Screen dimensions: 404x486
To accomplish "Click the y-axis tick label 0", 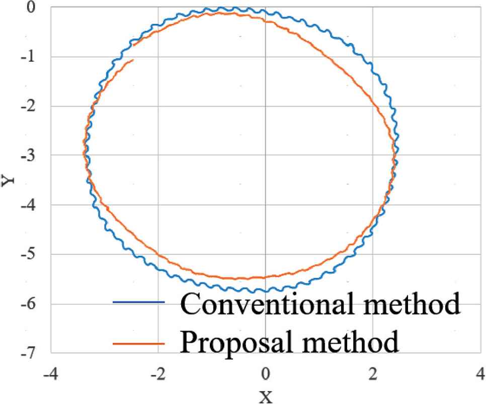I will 34,8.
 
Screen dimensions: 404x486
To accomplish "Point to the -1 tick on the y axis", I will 31,57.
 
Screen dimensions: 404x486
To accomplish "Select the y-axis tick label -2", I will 31,106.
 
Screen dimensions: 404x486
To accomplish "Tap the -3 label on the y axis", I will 31,155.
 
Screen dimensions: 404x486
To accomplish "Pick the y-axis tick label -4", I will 31,205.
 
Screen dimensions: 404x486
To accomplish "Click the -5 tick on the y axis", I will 31,254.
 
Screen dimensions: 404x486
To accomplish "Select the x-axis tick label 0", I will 265,375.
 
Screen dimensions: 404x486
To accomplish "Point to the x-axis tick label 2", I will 372,375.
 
